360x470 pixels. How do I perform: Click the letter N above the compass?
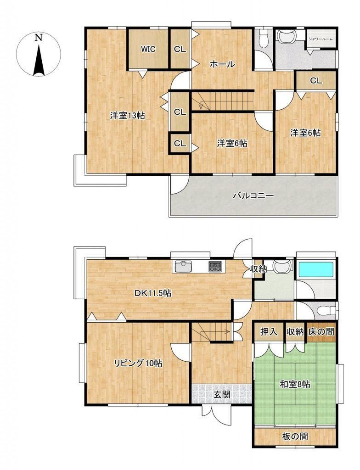coord(38,38)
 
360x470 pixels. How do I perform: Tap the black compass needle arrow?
coord(39,60)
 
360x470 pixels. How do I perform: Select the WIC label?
coord(148,49)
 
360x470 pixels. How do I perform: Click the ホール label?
coord(222,64)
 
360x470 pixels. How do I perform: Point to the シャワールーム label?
coord(321,39)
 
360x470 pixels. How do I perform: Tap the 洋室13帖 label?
coord(128,115)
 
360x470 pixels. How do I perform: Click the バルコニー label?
coord(253,196)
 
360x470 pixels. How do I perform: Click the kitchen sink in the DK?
coord(183,267)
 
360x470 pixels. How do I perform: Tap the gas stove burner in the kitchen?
coord(216,267)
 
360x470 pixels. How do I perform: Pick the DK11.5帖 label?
coord(153,293)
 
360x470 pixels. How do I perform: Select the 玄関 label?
coord(222,394)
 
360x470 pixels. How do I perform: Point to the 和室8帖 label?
coord(295,384)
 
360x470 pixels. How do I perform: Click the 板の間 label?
coord(295,436)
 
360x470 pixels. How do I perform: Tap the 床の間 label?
coord(321,332)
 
